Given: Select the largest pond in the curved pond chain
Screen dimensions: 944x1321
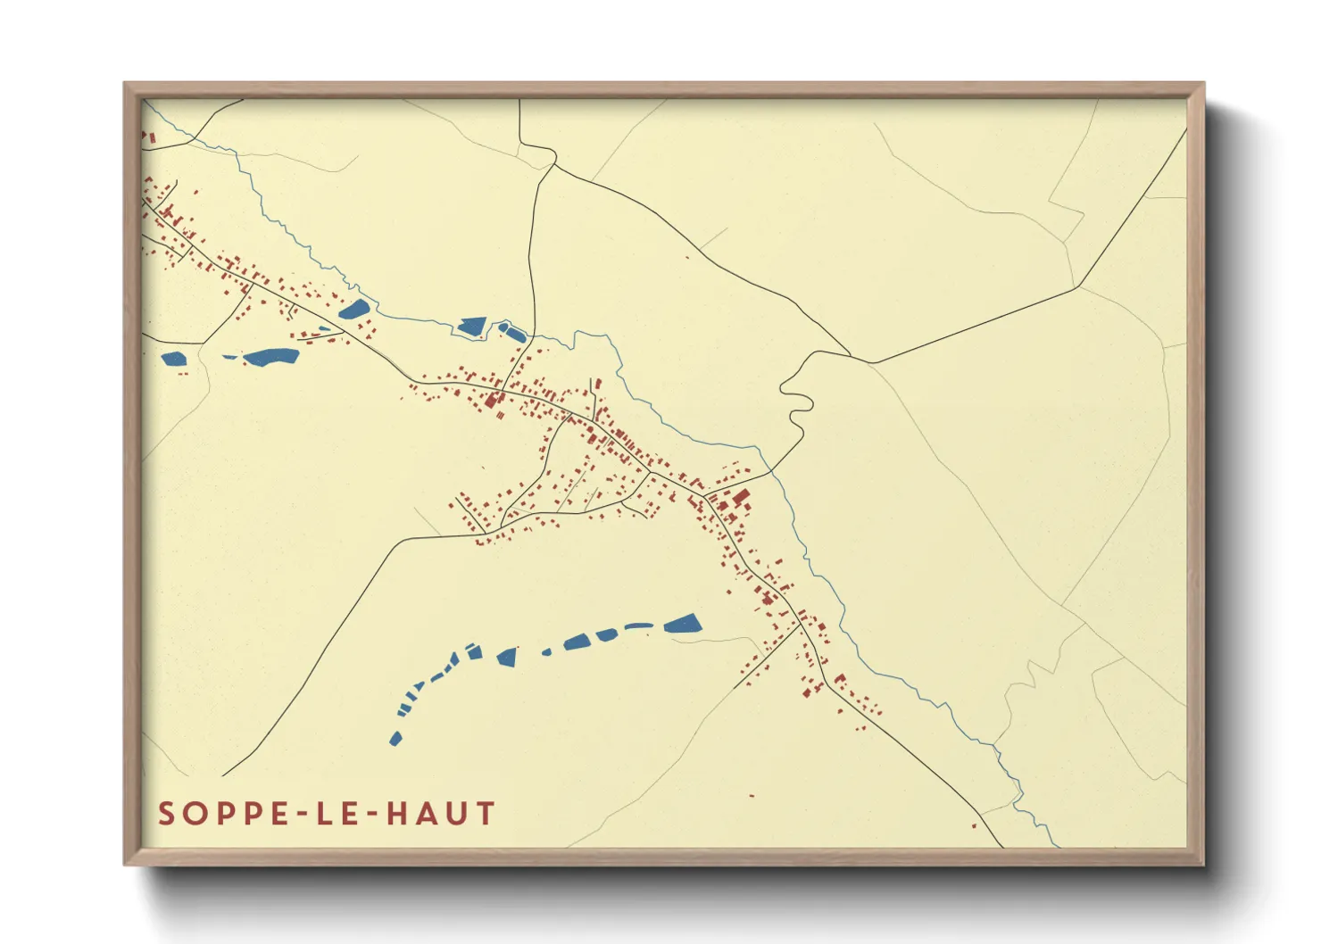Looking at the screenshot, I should click(683, 624).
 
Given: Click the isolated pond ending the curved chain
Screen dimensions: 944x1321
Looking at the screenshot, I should click(395, 739).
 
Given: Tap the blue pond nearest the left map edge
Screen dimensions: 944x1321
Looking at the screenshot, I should click(173, 359).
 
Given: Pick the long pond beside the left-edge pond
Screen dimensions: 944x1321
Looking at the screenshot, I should click(271, 357).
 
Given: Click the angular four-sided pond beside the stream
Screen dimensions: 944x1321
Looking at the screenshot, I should click(471, 327).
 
